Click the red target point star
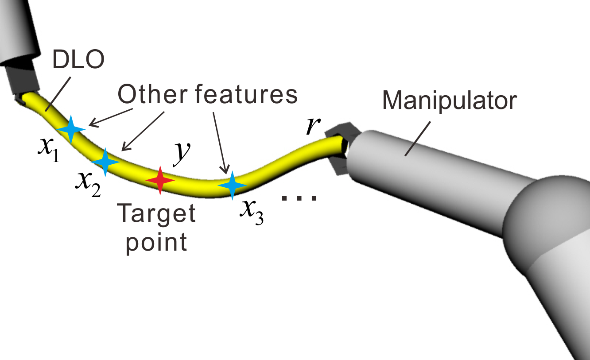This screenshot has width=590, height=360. coord(160,180)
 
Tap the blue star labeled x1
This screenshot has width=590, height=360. coord(71,129)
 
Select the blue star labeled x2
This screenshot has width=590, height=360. coord(105,162)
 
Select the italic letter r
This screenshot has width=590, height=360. coord(313,126)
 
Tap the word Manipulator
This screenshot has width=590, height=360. coord(449,101)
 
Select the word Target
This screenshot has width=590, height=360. coord(156,215)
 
